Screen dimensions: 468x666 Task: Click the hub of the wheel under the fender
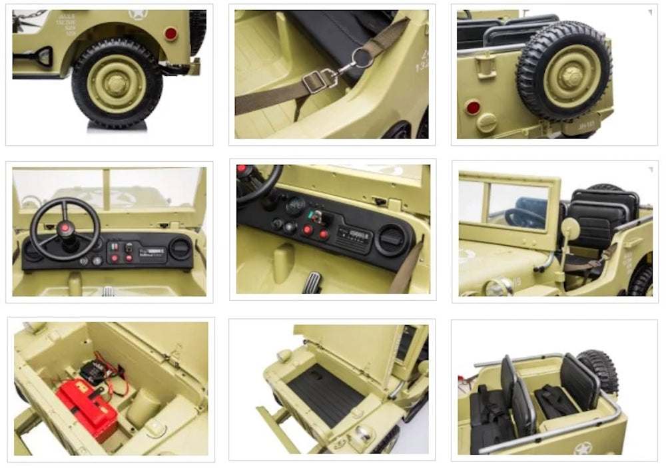117,83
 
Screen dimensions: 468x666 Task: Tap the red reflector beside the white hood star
171,33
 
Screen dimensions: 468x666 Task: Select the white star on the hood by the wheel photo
138,14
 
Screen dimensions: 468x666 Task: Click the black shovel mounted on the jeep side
37,57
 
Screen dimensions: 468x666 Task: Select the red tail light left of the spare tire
473,107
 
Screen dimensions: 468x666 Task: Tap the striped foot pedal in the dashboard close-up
311,282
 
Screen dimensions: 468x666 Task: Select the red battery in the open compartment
86,407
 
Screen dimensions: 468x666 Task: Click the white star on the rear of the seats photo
583,447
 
